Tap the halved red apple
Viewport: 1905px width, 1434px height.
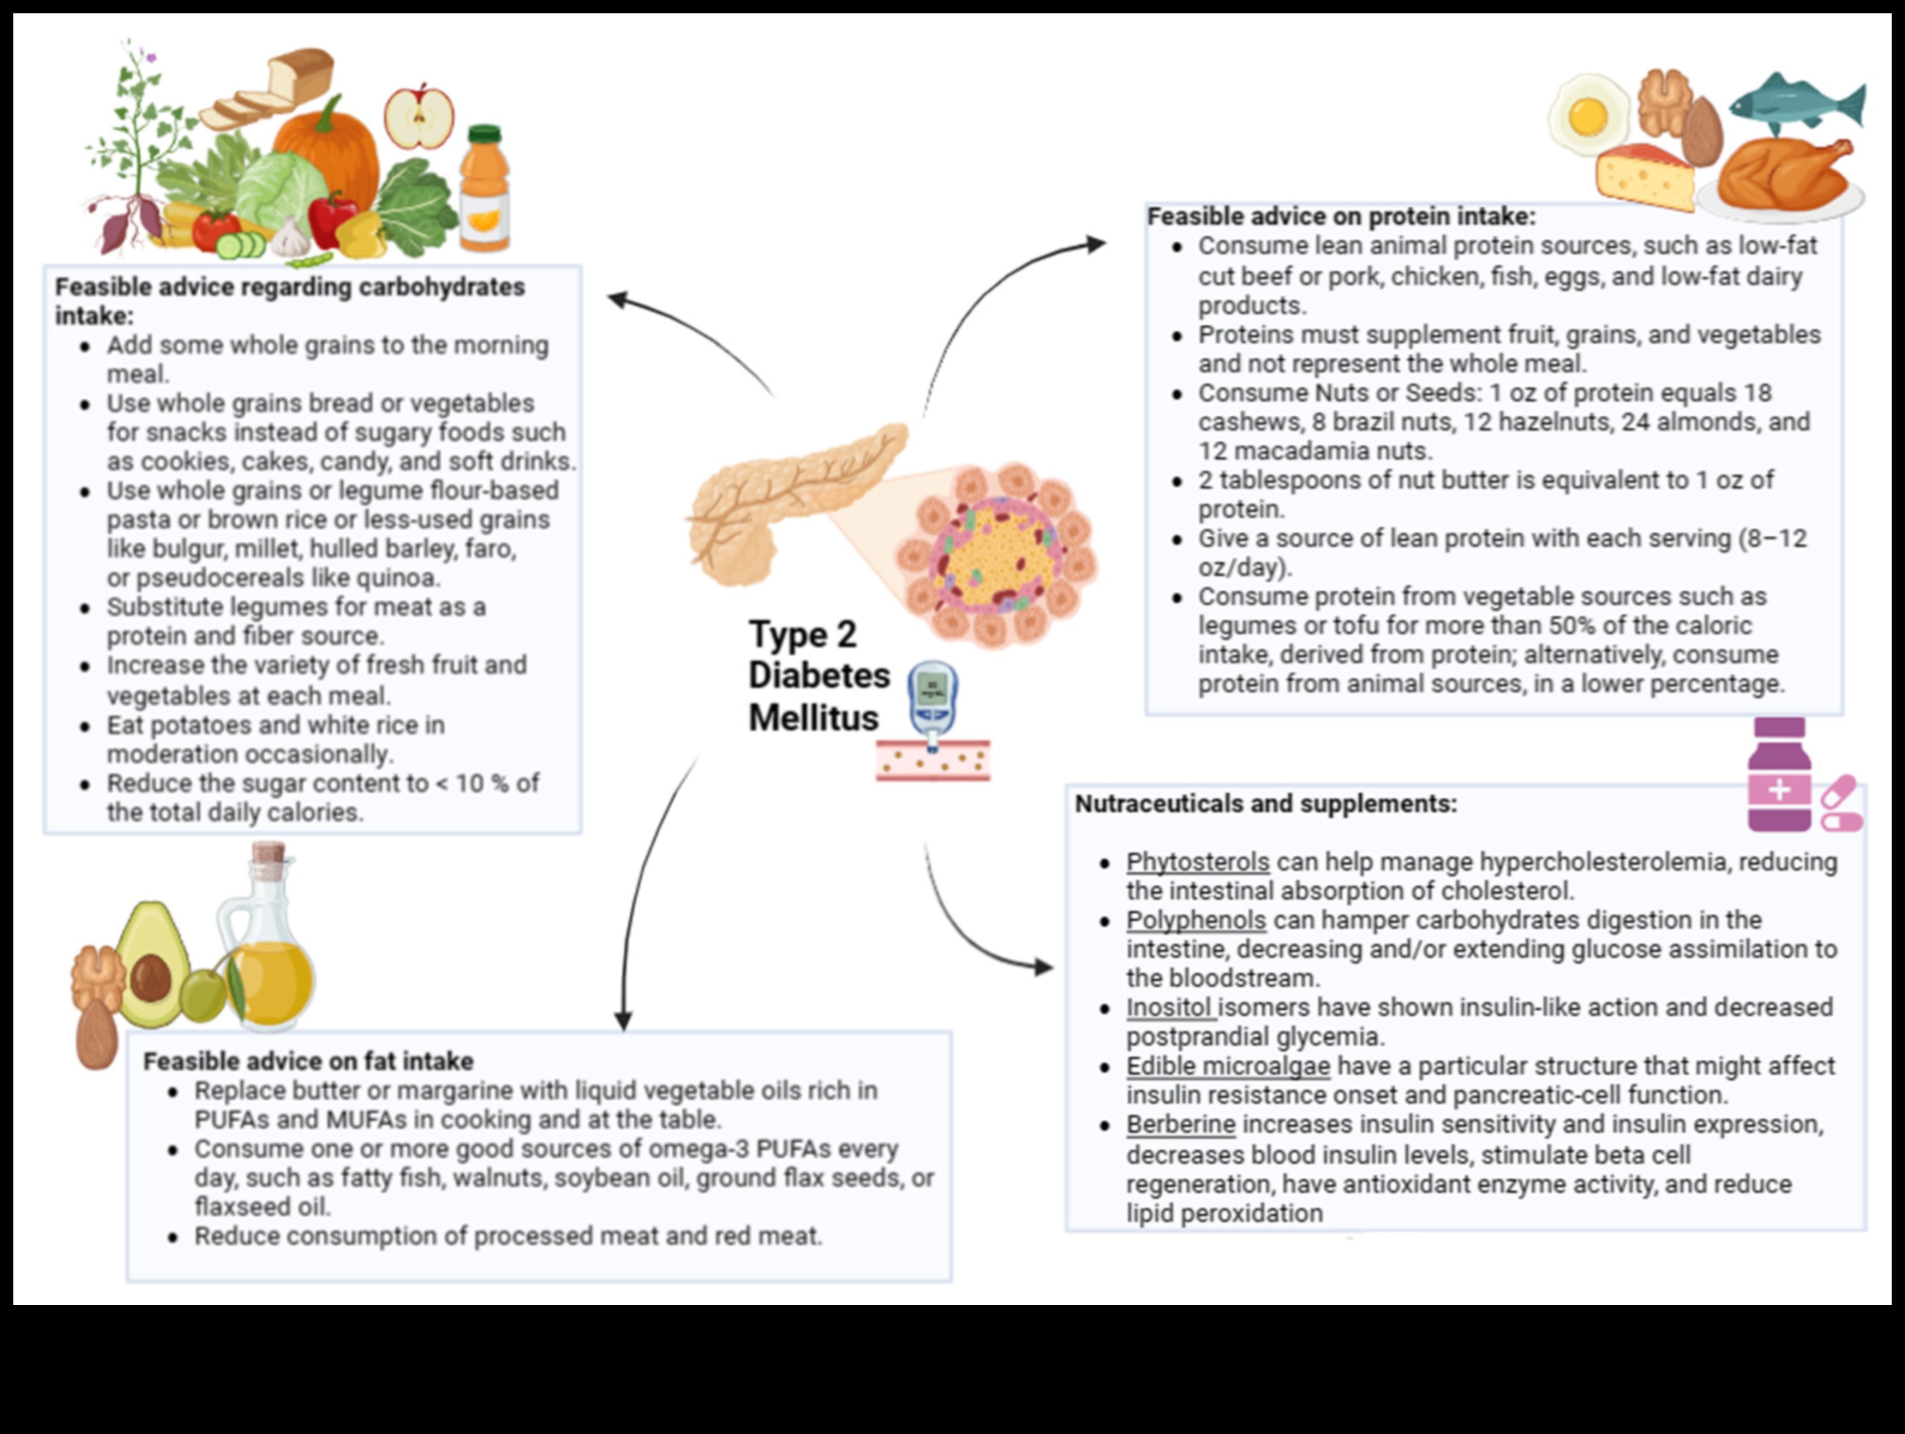[419, 117]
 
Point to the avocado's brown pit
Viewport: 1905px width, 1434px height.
[150, 977]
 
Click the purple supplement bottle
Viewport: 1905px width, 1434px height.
[1779, 775]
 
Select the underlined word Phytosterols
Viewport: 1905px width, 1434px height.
[1197, 861]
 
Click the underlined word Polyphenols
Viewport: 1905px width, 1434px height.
[1195, 920]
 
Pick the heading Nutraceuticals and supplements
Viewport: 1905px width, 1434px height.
[1265, 804]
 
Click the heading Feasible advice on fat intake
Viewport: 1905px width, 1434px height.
[308, 1061]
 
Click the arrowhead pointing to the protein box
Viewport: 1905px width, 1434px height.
[1096, 244]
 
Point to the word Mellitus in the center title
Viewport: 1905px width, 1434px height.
[813, 718]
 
